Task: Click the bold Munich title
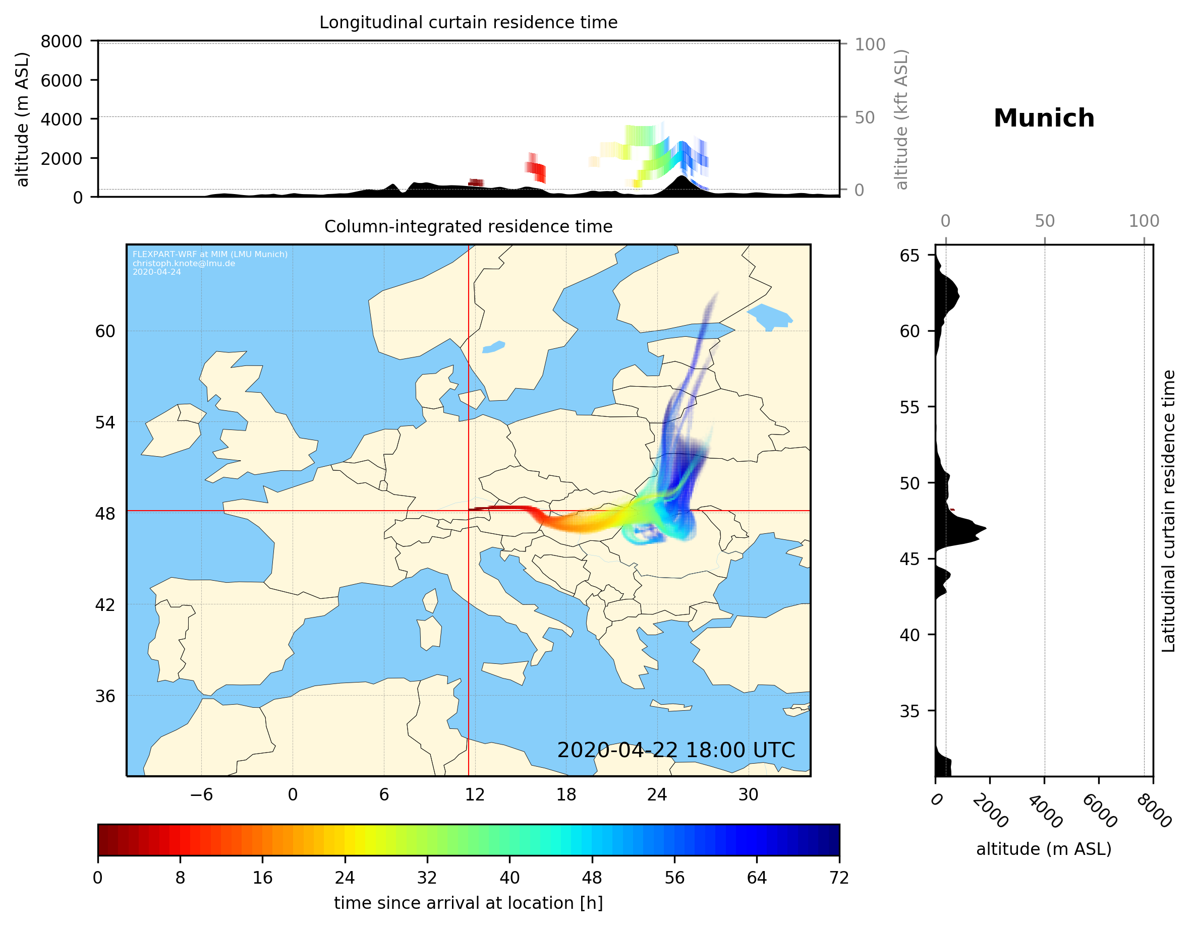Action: point(1043,118)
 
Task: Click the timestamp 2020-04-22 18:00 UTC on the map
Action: point(676,750)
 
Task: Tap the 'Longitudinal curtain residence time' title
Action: point(468,22)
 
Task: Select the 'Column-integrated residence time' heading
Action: point(468,226)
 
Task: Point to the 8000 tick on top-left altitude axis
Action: point(61,41)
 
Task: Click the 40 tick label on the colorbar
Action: point(509,878)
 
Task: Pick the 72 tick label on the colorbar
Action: point(838,878)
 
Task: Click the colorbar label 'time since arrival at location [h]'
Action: point(468,903)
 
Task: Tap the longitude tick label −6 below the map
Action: point(201,794)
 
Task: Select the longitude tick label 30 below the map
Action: point(748,794)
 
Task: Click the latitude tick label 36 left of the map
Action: point(105,696)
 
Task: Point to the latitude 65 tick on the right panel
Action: point(910,256)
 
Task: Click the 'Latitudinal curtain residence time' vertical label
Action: point(1168,511)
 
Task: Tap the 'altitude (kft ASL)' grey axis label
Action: point(901,119)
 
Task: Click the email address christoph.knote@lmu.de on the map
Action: point(184,263)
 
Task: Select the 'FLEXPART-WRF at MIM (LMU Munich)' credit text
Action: point(210,255)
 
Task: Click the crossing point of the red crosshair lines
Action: point(469,511)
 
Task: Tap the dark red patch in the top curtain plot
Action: point(476,182)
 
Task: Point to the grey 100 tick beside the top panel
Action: point(870,44)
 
